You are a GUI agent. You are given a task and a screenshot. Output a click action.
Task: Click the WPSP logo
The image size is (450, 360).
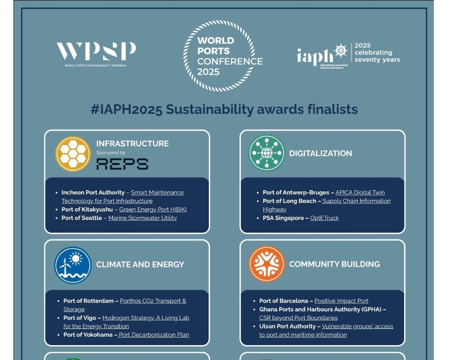click(96, 54)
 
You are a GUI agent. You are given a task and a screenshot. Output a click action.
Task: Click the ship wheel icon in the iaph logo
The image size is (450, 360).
click(341, 51)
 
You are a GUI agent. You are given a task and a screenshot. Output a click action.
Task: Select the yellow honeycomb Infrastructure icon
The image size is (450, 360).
click(73, 154)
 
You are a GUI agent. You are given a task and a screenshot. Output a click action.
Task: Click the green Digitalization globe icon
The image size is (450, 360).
click(266, 153)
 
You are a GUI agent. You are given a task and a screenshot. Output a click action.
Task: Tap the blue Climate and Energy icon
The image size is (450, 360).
click(73, 265)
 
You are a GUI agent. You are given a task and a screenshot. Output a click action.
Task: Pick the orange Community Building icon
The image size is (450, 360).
click(266, 264)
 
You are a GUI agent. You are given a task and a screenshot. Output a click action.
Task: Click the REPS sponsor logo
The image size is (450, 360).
click(122, 164)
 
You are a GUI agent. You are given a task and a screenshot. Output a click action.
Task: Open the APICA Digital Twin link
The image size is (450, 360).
click(360, 192)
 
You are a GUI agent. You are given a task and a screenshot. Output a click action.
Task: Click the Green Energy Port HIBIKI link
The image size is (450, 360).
click(153, 210)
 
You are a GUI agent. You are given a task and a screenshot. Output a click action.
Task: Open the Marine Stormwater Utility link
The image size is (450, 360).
click(142, 218)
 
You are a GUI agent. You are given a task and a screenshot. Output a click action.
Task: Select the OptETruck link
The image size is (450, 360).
click(324, 218)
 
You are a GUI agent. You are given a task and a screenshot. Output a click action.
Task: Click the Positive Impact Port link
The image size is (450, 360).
click(341, 301)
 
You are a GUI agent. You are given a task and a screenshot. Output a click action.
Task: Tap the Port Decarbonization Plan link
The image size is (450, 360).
click(154, 335)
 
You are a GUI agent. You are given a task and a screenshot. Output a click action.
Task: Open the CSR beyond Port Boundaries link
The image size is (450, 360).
click(298, 318)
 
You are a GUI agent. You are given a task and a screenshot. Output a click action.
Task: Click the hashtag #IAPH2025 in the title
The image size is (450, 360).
click(126, 109)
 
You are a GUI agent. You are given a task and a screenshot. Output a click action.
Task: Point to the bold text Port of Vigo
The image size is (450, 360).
click(80, 318)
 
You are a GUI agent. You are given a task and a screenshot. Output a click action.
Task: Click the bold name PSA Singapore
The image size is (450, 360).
click(283, 218)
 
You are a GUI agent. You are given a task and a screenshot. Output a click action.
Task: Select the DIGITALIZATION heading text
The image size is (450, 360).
click(320, 153)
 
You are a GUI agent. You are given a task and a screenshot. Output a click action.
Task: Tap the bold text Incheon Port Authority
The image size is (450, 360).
click(93, 192)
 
